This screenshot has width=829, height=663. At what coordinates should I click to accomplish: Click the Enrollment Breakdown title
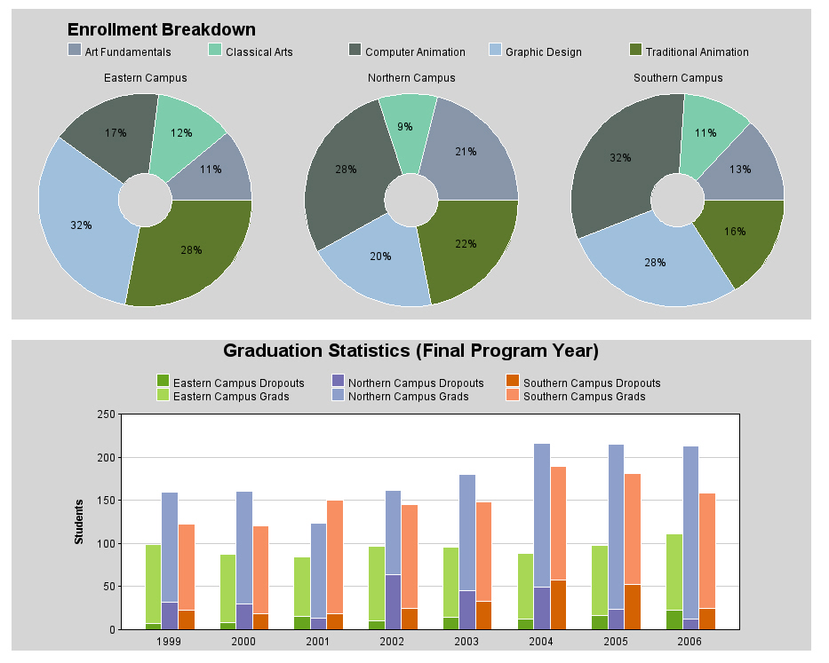point(161,29)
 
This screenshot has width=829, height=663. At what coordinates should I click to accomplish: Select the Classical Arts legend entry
point(251,51)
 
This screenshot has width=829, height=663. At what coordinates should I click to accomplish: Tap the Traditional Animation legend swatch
point(635,50)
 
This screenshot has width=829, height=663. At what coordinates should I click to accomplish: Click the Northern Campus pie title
point(411,77)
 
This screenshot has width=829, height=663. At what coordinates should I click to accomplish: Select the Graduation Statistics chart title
point(411,351)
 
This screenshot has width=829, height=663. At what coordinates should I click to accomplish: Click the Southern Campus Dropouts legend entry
point(583,383)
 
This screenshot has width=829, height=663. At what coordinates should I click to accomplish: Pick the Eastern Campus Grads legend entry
point(223,396)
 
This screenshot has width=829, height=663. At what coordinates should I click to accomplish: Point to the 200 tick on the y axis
point(106,457)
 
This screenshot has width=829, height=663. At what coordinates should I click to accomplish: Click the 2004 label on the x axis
point(541,642)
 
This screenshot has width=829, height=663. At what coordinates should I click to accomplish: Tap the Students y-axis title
point(79,521)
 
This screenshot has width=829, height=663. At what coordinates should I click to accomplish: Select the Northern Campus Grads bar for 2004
point(542,515)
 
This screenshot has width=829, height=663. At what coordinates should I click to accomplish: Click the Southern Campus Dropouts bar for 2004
point(558,605)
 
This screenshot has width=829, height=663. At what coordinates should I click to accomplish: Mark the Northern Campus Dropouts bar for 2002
point(393,603)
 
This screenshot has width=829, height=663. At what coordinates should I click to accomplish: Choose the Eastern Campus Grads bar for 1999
point(154,584)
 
